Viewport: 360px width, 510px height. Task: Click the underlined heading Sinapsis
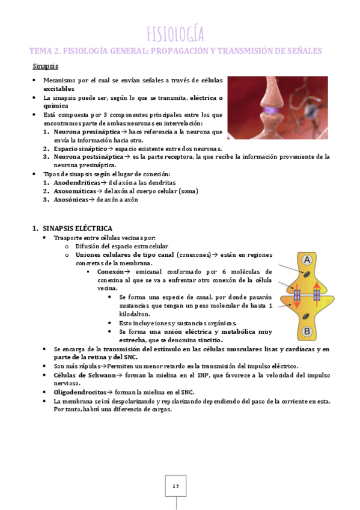point(45,66)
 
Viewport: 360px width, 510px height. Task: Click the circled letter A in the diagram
point(306,260)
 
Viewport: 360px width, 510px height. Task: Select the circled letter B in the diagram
point(306,331)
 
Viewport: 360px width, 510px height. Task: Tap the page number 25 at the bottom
point(175,486)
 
